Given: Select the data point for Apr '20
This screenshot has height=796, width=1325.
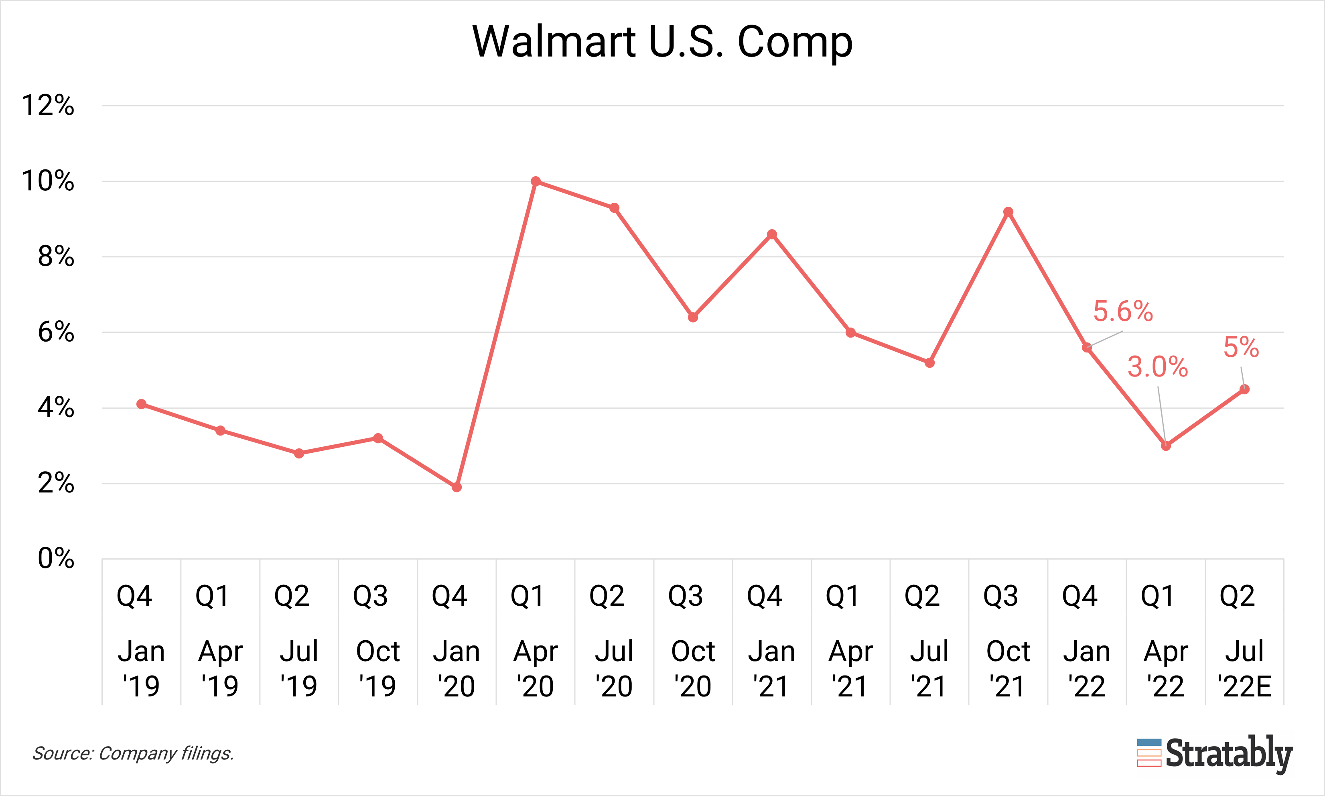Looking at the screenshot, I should [536, 181].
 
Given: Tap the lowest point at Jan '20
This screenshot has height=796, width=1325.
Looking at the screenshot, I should [457, 487].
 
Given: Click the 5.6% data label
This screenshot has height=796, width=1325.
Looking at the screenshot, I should [1123, 311].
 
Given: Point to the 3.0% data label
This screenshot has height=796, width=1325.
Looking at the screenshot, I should [1158, 367].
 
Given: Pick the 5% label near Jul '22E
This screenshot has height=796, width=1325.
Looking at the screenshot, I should [1241, 348].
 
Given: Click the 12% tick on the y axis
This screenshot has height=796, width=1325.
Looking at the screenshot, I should [48, 106].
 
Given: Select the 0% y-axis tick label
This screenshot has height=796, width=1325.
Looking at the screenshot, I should [56, 559].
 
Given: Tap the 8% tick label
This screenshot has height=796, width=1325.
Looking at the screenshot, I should [56, 257].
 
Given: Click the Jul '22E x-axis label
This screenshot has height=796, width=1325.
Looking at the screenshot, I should [1244, 668].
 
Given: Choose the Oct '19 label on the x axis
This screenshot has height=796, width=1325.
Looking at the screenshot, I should [378, 668].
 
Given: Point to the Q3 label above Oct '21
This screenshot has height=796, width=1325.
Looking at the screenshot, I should [1001, 596].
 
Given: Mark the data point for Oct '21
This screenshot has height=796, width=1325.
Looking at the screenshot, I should [1008, 212].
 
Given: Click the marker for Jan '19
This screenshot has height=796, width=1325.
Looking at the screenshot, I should [142, 404].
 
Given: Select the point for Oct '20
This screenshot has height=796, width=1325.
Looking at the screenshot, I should [693, 318].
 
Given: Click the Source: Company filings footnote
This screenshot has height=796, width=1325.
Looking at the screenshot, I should [133, 753].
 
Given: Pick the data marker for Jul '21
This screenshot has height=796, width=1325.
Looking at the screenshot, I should [929, 362].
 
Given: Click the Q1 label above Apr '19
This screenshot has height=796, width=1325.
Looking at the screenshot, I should [213, 596].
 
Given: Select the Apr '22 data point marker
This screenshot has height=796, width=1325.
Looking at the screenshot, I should [1166, 446].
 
